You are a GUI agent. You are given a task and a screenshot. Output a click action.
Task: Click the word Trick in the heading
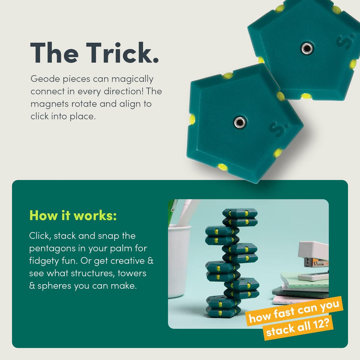[x=122, y=53]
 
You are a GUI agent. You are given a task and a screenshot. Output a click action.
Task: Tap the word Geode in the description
[x=45, y=79]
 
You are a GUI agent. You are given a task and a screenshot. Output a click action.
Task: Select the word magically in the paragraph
[x=133, y=79]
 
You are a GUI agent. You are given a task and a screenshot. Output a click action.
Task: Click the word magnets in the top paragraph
[x=49, y=104]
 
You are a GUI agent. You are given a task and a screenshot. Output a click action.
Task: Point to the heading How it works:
[x=73, y=216]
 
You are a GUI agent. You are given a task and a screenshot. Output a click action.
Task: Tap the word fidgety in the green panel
[x=44, y=261]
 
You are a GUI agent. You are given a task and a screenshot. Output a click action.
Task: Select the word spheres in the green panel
[x=54, y=286]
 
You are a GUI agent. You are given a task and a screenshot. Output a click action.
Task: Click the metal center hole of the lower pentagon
[x=240, y=122]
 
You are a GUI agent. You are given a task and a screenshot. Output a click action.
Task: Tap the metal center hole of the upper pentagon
[x=307, y=48]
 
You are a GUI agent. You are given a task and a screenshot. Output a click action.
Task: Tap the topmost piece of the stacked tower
[x=240, y=213]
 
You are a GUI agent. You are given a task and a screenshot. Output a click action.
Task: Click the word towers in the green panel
[x=132, y=274]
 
